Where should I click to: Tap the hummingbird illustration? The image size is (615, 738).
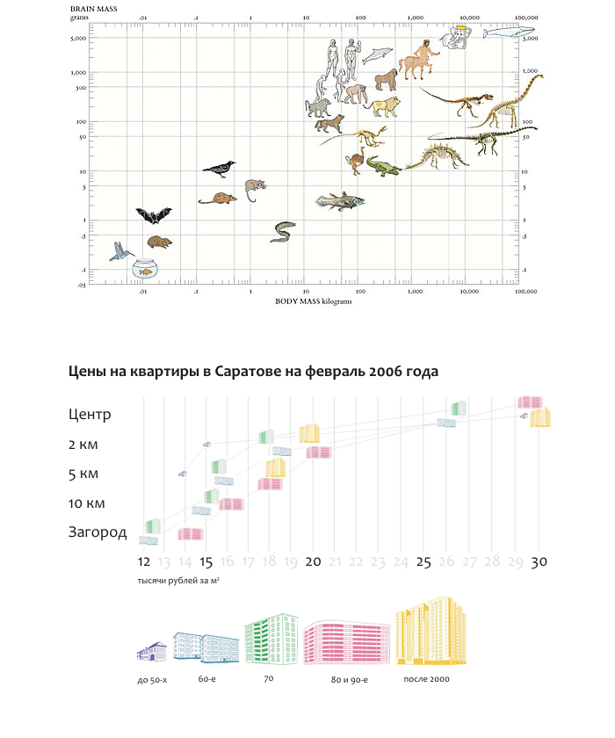[121, 253]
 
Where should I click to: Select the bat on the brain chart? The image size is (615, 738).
[153, 215]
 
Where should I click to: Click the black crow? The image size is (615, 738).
[220, 167]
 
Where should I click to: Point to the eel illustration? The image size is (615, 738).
[283, 231]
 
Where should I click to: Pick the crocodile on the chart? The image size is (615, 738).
[382, 165]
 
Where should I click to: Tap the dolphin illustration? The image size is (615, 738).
[379, 55]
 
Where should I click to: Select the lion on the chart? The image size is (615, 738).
[384, 107]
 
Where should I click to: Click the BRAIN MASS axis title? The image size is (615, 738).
[94, 7]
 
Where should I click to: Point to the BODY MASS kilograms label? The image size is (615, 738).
[314, 300]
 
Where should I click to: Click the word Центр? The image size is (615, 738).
[90, 415]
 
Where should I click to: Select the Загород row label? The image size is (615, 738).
[98, 532]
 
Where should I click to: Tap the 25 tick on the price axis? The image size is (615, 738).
[423, 562]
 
